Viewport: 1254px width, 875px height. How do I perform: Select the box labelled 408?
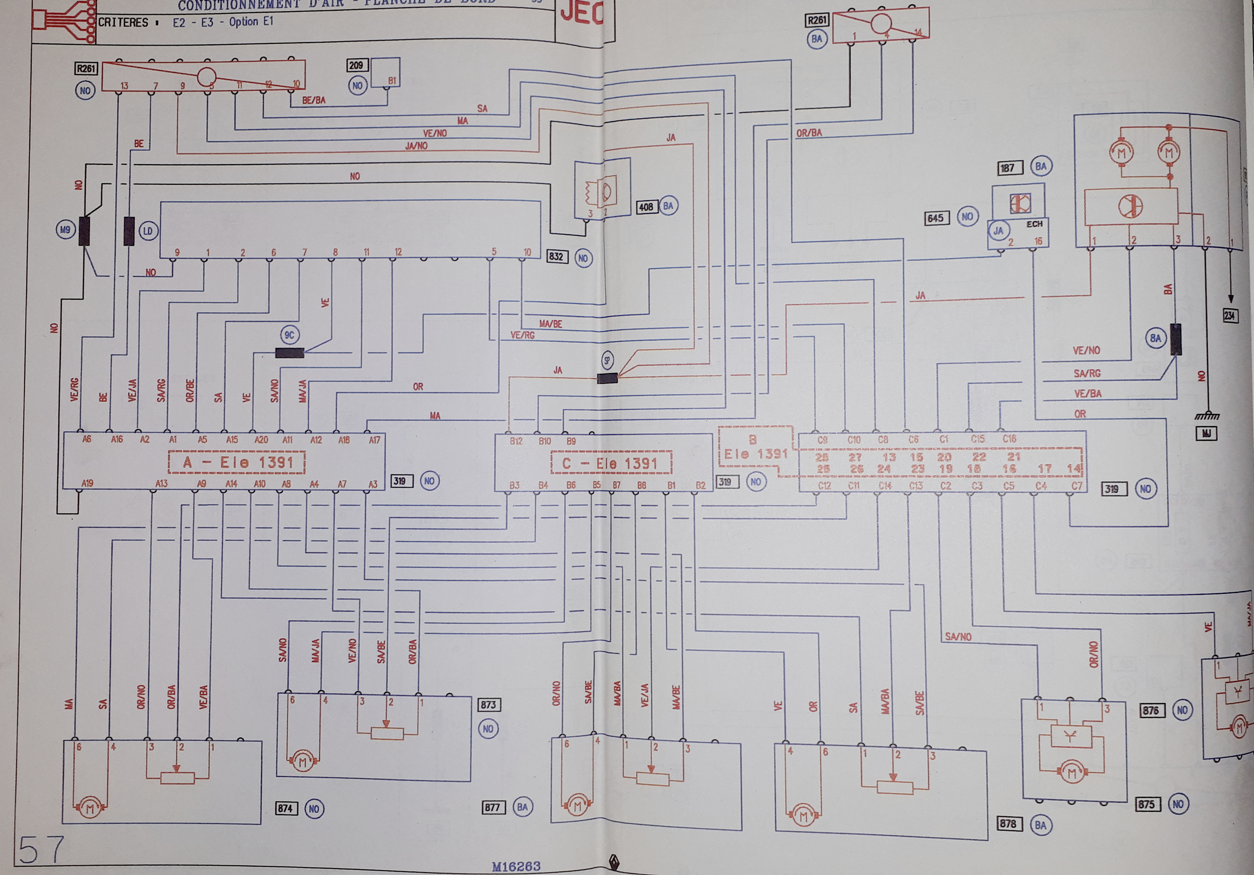[x=646, y=207]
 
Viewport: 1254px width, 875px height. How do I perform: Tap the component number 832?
[x=557, y=256]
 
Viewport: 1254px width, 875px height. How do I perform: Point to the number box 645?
[x=935, y=218]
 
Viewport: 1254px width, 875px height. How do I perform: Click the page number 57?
[x=41, y=850]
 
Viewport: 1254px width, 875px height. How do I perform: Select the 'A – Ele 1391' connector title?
[x=237, y=463]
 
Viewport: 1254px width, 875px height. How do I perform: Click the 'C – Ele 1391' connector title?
[x=611, y=464]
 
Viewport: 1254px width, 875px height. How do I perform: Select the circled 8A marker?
[x=1155, y=338]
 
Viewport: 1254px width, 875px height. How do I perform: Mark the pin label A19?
[x=87, y=483]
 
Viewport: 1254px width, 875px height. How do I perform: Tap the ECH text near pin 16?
[x=1034, y=224]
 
